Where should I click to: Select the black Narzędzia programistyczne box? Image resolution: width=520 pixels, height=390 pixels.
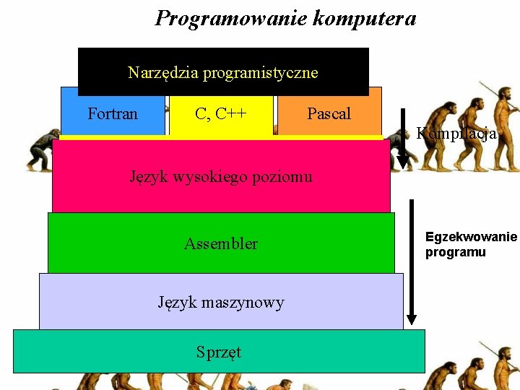click(x=223, y=71)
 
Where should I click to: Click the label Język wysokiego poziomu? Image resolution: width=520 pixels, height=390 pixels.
click(x=221, y=175)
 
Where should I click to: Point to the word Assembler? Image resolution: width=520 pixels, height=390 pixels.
click(x=221, y=243)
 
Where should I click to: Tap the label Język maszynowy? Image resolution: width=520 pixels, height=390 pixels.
click(x=221, y=302)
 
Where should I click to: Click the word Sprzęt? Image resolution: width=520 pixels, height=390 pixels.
click(x=219, y=352)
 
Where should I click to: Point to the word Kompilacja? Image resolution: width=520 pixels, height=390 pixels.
click(x=456, y=134)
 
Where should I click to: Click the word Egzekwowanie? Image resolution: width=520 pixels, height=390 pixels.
click(x=471, y=237)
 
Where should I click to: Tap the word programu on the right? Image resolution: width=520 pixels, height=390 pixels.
click(x=455, y=252)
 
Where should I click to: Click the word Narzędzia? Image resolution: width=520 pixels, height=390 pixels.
click(x=163, y=72)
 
